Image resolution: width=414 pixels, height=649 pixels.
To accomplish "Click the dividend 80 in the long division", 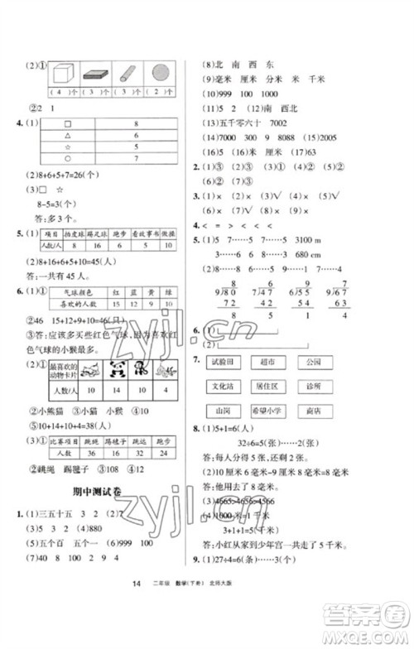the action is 226,289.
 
